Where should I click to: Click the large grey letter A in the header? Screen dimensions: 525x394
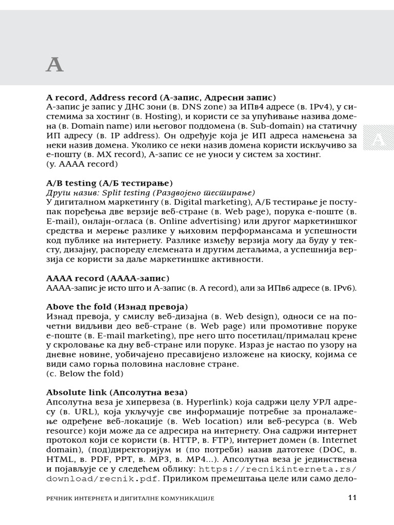55,65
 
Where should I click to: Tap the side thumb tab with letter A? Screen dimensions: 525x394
378,140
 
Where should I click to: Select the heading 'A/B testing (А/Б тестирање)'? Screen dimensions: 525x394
109,183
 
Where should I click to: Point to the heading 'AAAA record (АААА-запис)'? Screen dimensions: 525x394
107,278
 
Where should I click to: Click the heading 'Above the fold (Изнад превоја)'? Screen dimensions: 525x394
117,307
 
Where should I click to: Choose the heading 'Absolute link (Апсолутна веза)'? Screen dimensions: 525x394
117,392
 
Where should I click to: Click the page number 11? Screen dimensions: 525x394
351,497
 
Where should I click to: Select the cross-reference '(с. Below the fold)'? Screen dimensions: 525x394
85,374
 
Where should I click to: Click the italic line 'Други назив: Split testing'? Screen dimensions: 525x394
150,193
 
